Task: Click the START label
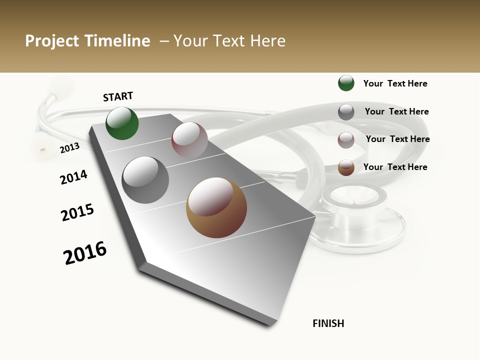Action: click(x=118, y=96)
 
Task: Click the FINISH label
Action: click(x=328, y=323)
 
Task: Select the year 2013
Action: click(x=69, y=148)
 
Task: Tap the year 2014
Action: click(x=73, y=177)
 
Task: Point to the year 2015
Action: click(x=77, y=212)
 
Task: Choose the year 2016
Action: click(x=85, y=253)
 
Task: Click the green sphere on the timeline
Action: click(x=122, y=123)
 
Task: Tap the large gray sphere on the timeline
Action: click(x=145, y=180)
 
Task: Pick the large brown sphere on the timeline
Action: click(x=216, y=207)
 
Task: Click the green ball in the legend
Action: click(x=346, y=83)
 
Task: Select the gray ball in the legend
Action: click(x=346, y=112)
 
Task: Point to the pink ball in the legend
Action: click(x=346, y=140)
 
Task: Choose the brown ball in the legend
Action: click(x=346, y=167)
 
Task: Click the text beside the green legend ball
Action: click(x=395, y=83)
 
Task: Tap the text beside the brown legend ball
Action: click(x=395, y=167)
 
